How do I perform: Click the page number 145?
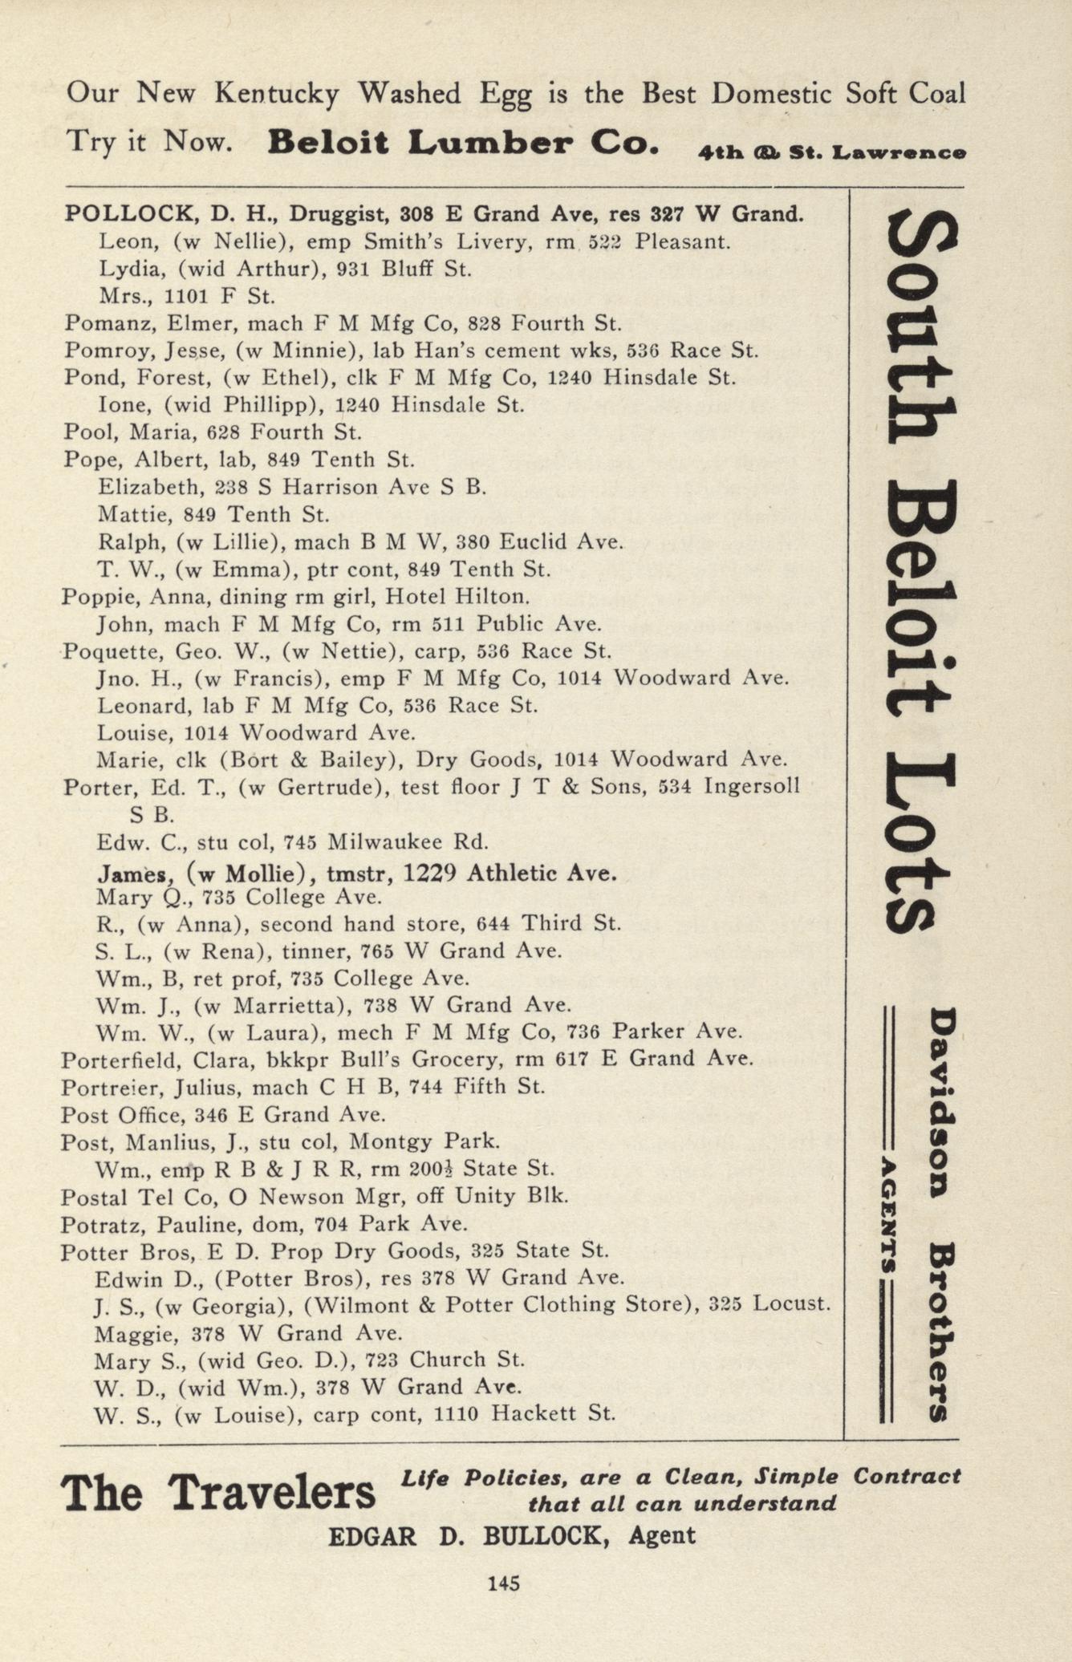[x=504, y=1583]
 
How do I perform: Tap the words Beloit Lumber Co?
[x=464, y=144]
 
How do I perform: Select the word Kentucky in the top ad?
[x=277, y=95]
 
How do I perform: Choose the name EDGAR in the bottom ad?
[x=372, y=1536]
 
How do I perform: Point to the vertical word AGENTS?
[x=889, y=1213]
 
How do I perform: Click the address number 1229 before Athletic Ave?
[x=430, y=873]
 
